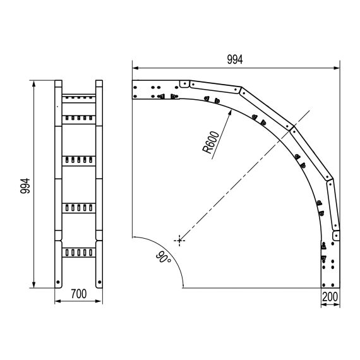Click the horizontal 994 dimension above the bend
[x=235, y=60]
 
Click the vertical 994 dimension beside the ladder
[x=25, y=186]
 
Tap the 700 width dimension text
[x=79, y=294]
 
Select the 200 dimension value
[x=330, y=297]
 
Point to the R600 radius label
[x=211, y=142]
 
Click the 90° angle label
[x=163, y=258]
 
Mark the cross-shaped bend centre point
[x=179, y=241]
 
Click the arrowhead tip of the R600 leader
[x=231, y=110]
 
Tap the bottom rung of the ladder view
[x=79, y=253]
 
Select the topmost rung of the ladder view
[x=79, y=99]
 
